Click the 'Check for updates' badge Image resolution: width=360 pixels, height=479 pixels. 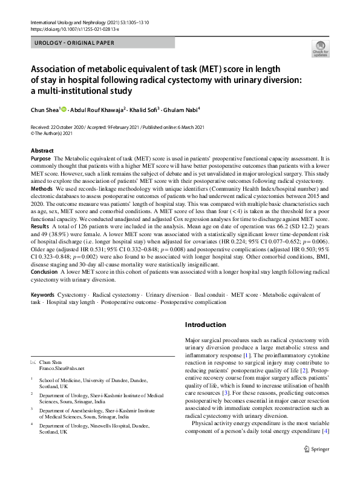click(x=320, y=48)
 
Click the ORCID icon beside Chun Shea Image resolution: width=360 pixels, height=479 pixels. click(x=63, y=110)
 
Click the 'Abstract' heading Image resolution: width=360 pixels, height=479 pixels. click(x=42, y=150)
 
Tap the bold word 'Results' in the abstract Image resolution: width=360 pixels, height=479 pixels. click(x=41, y=226)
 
